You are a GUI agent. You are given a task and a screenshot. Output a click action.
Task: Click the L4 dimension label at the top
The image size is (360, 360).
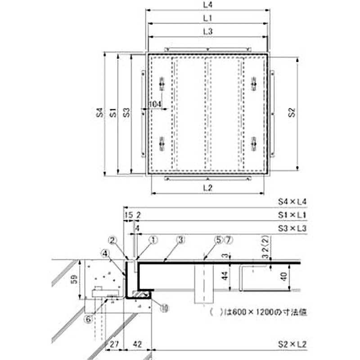pos(208,5)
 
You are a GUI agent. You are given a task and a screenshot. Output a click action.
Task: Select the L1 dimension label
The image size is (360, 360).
pos(208,18)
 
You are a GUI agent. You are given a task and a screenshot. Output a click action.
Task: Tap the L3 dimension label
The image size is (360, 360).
pos(208,31)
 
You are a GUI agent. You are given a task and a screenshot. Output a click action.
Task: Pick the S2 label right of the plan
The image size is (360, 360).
pos(292,113)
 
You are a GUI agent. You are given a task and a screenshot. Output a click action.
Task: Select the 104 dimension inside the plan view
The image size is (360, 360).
pos(155,104)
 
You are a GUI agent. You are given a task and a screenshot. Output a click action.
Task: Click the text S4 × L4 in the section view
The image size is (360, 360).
pos(292,202)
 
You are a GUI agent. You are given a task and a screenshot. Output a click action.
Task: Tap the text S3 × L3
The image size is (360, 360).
pos(292,228)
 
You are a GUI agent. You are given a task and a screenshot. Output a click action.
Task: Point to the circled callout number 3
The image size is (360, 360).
pos(180,241)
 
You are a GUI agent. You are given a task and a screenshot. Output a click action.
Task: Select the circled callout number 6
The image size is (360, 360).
pos(89,319)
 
